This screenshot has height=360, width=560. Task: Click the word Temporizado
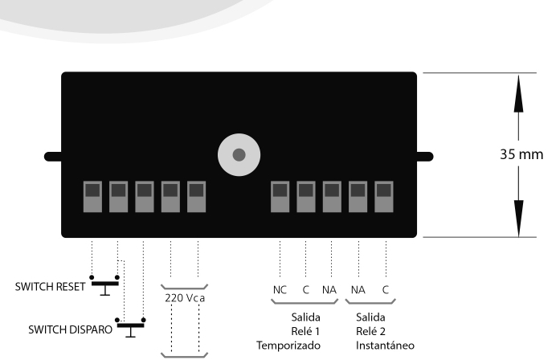click(288, 346)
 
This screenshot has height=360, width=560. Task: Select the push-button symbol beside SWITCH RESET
click(104, 284)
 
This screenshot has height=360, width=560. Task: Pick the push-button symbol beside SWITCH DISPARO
click(131, 326)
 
